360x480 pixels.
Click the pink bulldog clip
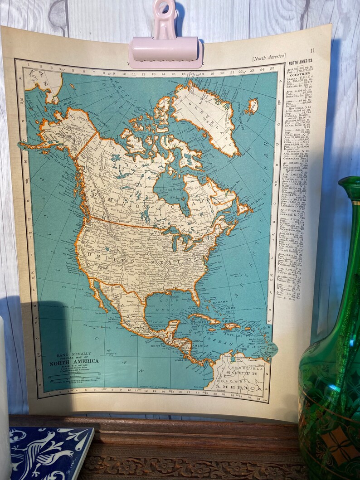point(165,45)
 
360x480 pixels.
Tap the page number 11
point(312,51)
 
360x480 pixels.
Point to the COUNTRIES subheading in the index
point(299,73)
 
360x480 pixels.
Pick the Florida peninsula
point(195,297)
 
